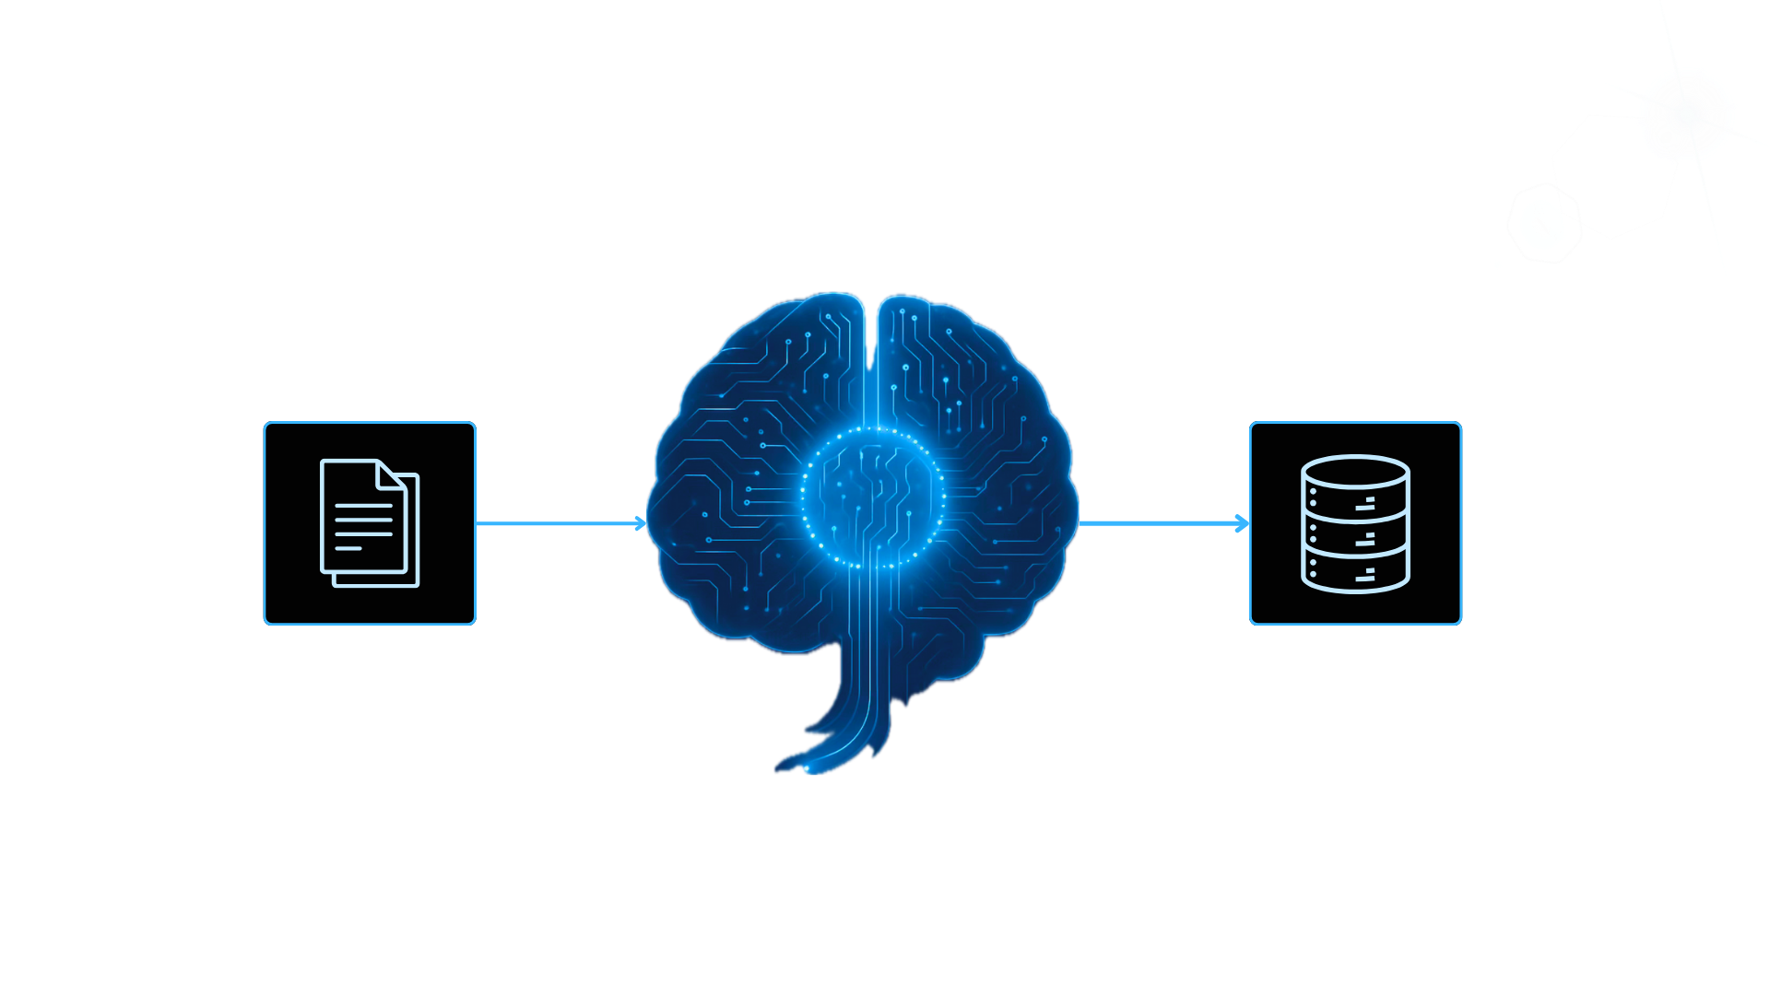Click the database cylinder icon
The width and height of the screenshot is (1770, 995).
pyautogui.click(x=1355, y=523)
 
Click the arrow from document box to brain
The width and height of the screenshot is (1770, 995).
pyautogui.click(x=560, y=523)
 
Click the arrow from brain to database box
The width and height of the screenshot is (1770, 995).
pyautogui.click(x=1163, y=523)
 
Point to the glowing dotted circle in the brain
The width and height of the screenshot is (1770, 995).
pyautogui.click(x=872, y=497)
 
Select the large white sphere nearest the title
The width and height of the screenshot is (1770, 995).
pyautogui.click(x=1512, y=247)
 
